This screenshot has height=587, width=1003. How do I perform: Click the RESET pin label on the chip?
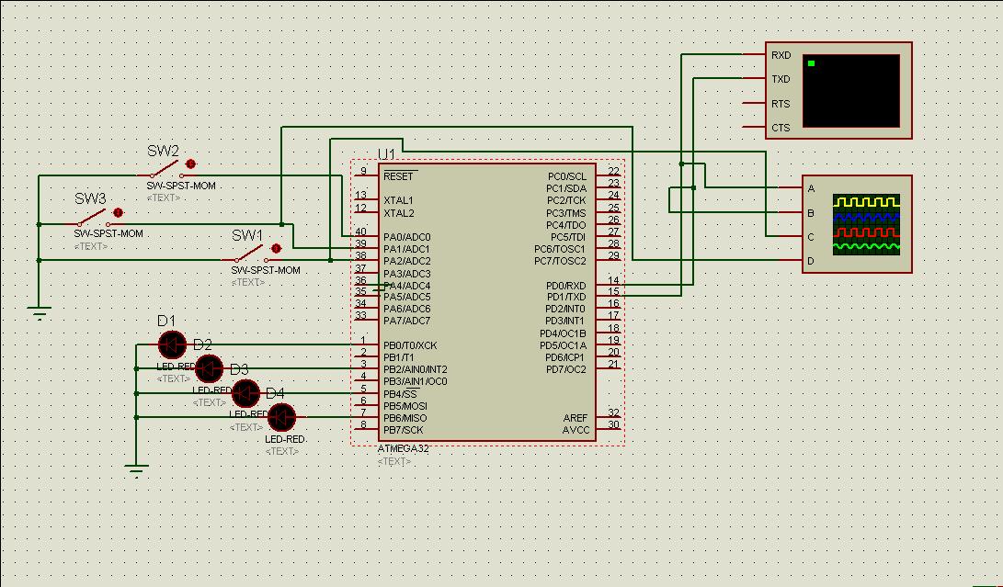(x=399, y=176)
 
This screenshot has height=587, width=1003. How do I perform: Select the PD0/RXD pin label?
(x=565, y=286)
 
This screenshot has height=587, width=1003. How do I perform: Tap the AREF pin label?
(x=575, y=418)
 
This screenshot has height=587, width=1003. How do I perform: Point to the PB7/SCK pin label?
(x=404, y=430)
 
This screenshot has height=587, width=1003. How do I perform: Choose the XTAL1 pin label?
(x=399, y=200)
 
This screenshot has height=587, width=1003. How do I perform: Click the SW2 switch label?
(x=164, y=152)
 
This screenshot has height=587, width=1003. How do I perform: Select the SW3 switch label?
(x=90, y=198)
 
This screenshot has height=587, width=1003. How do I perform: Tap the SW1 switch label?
(x=247, y=236)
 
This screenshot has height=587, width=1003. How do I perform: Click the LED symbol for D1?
(x=172, y=345)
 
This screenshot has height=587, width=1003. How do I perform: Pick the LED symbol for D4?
(x=281, y=418)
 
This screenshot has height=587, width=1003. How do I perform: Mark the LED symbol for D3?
(x=245, y=393)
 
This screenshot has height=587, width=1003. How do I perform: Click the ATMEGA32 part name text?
(x=404, y=449)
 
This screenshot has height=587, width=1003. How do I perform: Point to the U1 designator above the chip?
(x=386, y=154)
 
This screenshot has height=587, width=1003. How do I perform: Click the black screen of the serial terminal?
(x=850, y=91)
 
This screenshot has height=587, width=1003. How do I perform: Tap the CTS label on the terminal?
(x=781, y=129)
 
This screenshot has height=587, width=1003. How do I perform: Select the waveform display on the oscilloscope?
(x=866, y=224)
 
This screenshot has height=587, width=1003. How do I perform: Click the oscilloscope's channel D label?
(x=811, y=262)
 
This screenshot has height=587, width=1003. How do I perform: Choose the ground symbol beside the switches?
(x=40, y=313)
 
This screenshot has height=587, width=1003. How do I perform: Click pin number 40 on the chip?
(x=361, y=232)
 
